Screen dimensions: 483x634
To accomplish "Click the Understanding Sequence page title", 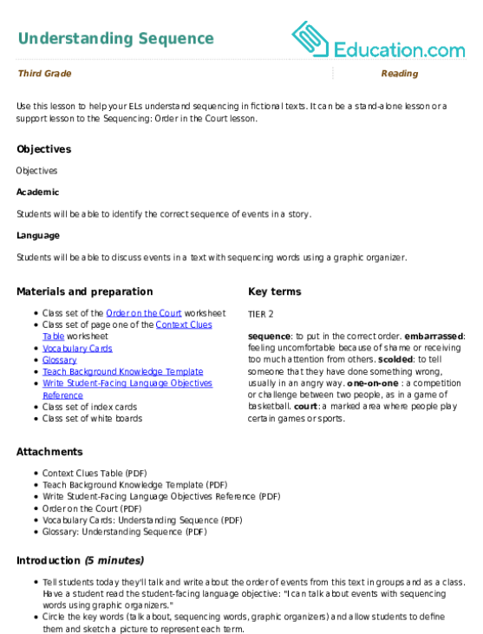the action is [x=116, y=39].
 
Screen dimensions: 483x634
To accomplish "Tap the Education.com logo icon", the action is [x=310, y=39].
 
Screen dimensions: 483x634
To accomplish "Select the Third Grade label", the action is [x=44, y=73].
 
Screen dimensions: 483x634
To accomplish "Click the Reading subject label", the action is [x=400, y=73].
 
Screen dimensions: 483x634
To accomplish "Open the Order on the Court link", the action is [x=143, y=313].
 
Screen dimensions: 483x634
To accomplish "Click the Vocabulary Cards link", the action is [x=77, y=349].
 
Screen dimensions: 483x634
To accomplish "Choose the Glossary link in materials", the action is [x=60, y=360].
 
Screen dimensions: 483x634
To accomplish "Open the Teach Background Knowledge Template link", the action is [x=123, y=371].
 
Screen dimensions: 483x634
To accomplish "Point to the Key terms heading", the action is [x=274, y=291].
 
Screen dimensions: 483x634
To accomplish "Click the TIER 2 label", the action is [x=261, y=314].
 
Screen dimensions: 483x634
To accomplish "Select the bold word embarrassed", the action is [x=434, y=337].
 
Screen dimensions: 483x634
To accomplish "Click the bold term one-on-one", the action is [x=373, y=383].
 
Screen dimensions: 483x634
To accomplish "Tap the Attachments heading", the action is [x=49, y=452].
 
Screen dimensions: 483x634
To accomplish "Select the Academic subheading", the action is [x=37, y=192].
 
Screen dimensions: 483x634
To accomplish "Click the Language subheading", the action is [x=38, y=236].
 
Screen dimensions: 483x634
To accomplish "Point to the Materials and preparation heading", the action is [x=85, y=291].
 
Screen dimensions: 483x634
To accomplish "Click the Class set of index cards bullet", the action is [x=89, y=407].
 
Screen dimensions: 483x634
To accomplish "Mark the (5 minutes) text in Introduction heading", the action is [x=114, y=560].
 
